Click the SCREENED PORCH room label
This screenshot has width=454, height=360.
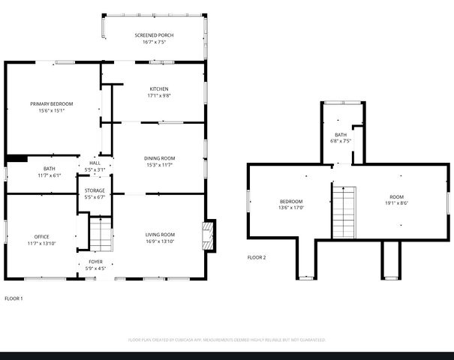tap(153, 35)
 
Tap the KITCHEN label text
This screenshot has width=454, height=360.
tap(159, 89)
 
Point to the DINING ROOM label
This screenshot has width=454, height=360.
tap(159, 158)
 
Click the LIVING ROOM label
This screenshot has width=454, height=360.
tap(160, 235)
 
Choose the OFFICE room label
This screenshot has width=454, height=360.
tap(41, 236)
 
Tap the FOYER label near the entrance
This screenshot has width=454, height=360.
tap(95, 262)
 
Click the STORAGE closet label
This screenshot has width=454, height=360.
tap(95, 190)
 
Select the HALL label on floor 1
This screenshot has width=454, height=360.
tap(95, 163)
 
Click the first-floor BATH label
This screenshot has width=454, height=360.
tap(50, 169)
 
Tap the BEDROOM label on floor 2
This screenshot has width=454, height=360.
tap(291, 201)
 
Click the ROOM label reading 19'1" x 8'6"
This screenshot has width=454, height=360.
tap(396, 196)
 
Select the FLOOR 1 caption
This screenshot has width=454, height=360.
tap(14, 298)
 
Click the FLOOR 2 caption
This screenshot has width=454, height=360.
tap(257, 257)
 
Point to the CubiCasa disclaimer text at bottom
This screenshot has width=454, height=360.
tap(227, 340)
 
